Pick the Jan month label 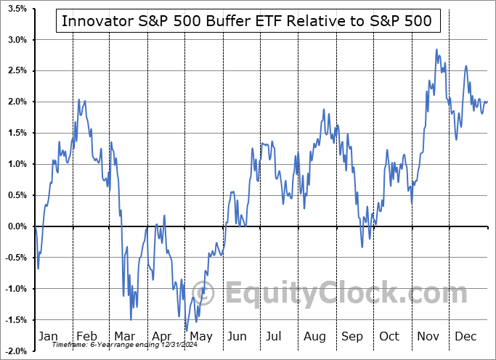(48, 336)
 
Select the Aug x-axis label (314, 336)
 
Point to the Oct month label (389, 336)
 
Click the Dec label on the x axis (465, 336)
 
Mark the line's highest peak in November (436, 49)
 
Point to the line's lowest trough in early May (187, 330)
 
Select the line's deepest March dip (131, 320)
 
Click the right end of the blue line (487, 102)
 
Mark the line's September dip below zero (362, 246)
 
